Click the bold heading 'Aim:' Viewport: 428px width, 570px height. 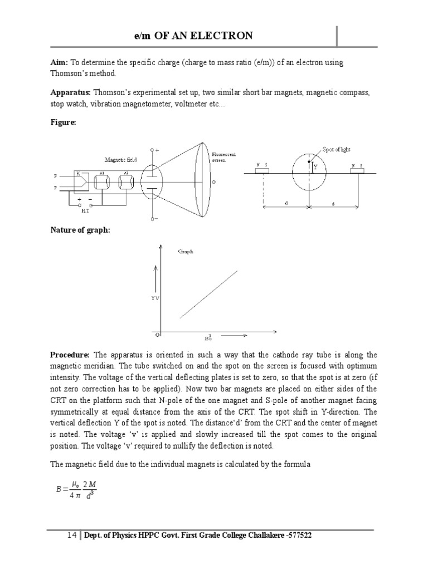pos(59,62)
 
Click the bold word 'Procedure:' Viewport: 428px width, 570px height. pos(70,355)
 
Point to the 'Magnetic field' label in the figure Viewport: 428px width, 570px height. pos(120,160)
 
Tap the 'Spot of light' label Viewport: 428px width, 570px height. pos(337,150)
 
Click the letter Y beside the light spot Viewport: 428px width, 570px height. pos(315,166)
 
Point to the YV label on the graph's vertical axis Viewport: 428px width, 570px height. pos(155,299)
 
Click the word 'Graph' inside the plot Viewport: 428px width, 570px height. pos(186,252)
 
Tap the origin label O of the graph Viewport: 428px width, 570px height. pos(157,335)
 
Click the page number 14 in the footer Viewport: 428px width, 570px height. pos(71,535)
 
